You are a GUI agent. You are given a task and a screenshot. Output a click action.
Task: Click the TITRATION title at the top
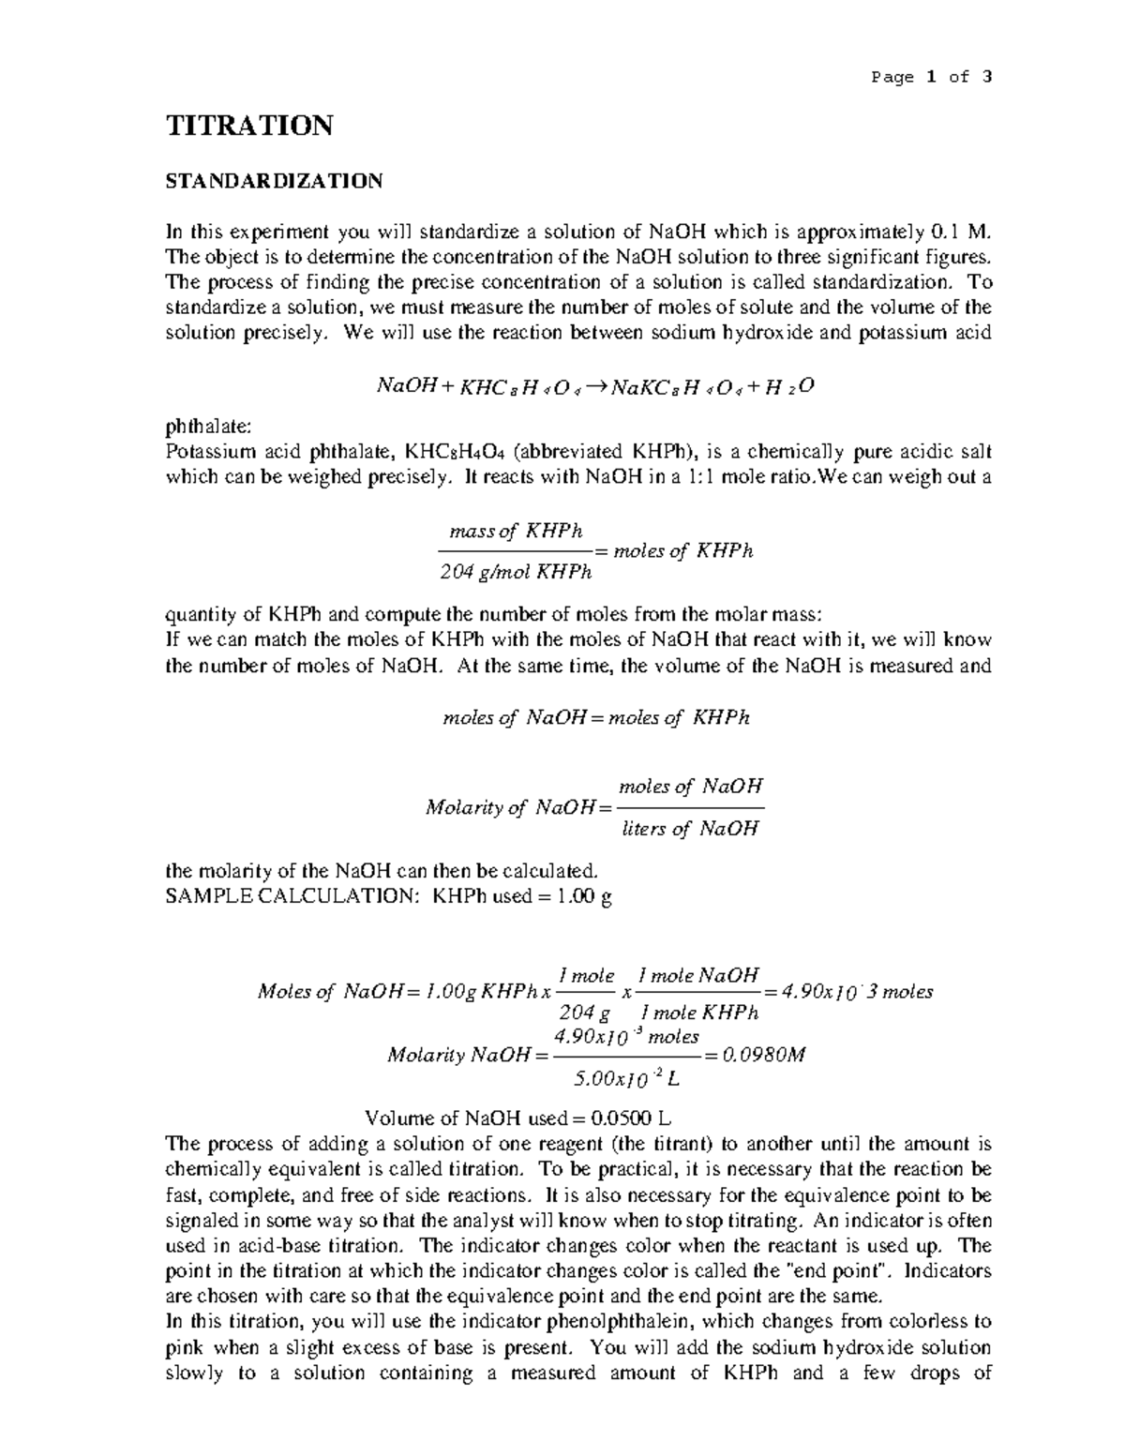pos(248,126)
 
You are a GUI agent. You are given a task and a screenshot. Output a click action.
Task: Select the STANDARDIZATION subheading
pos(274,181)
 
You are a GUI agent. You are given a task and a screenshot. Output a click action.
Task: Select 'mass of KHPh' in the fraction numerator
pos(516,532)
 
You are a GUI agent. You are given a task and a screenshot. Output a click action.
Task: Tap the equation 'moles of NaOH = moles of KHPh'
pos(595,718)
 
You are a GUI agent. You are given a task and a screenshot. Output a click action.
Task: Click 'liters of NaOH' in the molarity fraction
pos(690,828)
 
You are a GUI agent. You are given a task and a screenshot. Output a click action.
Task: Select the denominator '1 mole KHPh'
pos(697,1013)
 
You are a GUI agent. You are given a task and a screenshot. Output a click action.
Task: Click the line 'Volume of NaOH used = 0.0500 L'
pos(517,1118)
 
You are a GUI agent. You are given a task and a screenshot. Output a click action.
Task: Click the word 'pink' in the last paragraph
pos(183,1348)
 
